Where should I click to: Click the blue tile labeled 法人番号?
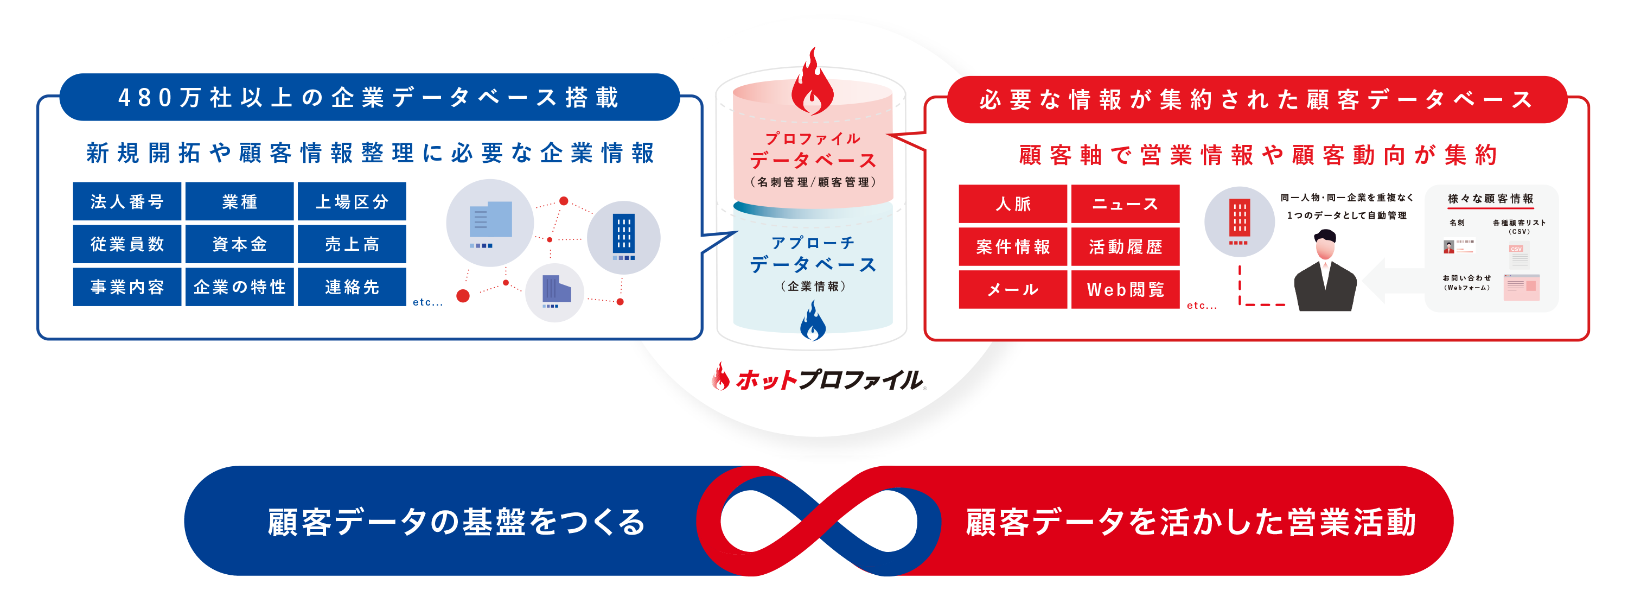[127, 201]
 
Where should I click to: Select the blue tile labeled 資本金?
[240, 244]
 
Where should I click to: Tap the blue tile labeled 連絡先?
[352, 287]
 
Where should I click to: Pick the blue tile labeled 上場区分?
[352, 201]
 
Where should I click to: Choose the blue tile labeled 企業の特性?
[240, 287]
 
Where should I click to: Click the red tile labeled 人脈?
[1013, 204]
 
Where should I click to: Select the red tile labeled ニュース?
[1126, 204]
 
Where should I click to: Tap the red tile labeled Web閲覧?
[1126, 289]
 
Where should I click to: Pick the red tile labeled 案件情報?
[1013, 246]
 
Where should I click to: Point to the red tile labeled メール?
[1013, 289]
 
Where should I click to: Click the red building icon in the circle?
[1240, 222]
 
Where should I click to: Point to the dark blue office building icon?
[624, 237]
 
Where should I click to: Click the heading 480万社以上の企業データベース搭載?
[369, 97]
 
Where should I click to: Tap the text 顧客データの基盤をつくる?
[456, 522]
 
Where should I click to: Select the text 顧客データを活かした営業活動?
[1191, 522]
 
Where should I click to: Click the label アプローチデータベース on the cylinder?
[813, 254]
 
